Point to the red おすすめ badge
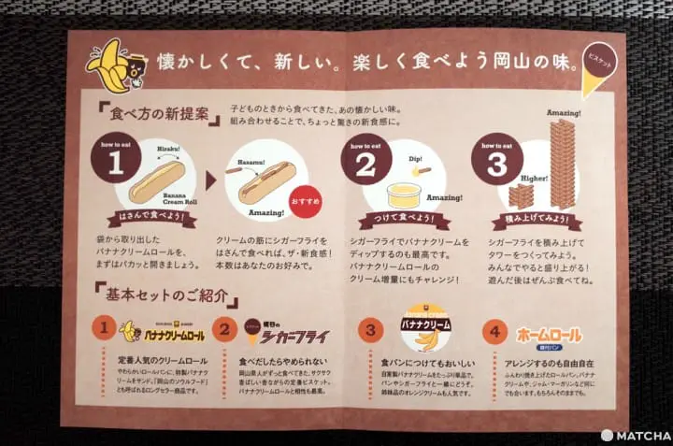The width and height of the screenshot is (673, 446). [305, 200]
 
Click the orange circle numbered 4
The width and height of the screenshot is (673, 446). [495, 331]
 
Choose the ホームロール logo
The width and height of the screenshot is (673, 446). [548, 334]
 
